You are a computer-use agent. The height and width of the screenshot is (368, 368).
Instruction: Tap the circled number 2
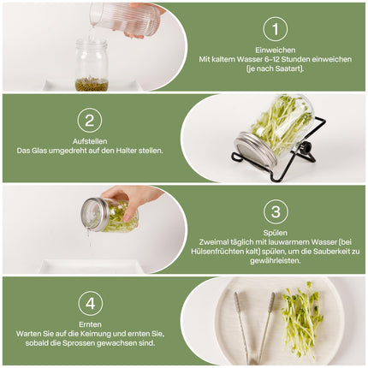click(x=89, y=120)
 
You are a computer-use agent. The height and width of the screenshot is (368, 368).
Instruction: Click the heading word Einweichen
click(x=275, y=50)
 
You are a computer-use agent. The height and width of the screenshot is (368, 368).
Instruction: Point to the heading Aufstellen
click(x=89, y=140)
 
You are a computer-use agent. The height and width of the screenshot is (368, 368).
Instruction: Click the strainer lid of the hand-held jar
click(x=93, y=215)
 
